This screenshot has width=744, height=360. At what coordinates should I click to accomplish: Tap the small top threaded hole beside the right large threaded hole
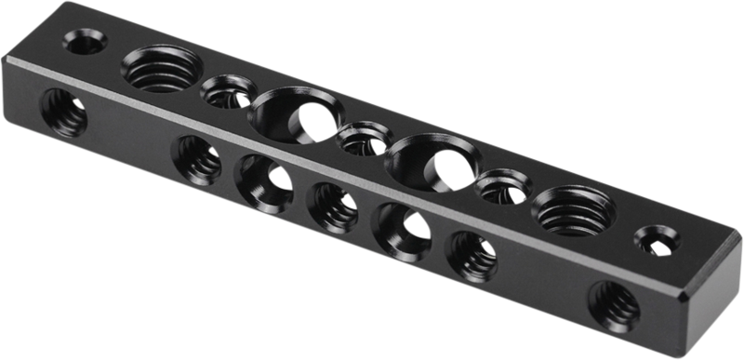click(503, 187)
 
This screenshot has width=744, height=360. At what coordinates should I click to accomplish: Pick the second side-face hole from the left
click(198, 155)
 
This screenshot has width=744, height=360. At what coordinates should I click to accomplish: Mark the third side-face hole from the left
click(262, 179)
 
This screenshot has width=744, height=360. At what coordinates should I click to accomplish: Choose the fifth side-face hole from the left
click(401, 226)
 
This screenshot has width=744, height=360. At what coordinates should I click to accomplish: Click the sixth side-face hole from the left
click(471, 252)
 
